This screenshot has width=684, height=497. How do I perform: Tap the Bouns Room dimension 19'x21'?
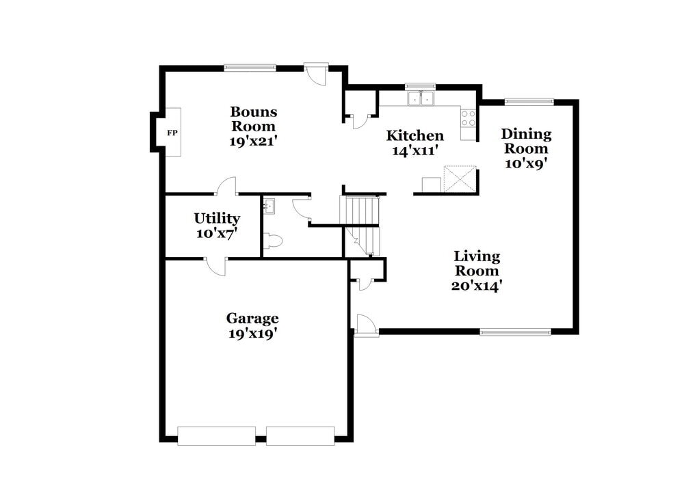[253, 142]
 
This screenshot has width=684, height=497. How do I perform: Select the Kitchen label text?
[415, 135]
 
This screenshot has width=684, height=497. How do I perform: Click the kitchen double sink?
[421, 99]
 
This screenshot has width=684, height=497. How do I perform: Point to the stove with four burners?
[469, 118]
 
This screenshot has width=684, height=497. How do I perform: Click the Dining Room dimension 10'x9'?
[526, 163]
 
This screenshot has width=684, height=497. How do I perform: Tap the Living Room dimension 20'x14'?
[477, 286]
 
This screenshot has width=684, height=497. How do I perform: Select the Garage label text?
[252, 318]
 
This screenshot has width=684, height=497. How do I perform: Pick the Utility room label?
[216, 218]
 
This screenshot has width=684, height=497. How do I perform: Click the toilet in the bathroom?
[273, 241]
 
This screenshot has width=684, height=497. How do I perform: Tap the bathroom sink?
[269, 204]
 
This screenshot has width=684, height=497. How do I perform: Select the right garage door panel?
[300, 435]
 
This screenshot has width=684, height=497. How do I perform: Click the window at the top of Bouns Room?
[250, 67]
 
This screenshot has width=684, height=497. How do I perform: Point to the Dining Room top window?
[529, 102]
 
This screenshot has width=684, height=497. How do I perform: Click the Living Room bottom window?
[515, 332]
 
